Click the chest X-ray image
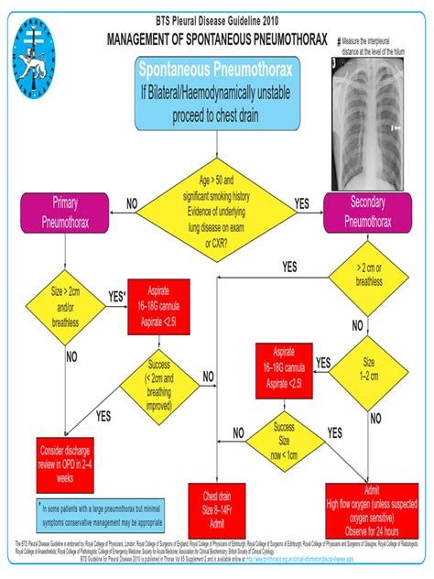pos(374,124)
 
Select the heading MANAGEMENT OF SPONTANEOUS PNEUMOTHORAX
pos(218,42)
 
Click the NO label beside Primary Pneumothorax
pos(132,202)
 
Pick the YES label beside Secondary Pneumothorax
pos(301,202)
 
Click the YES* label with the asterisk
pos(116,296)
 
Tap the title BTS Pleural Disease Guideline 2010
pos(217,21)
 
